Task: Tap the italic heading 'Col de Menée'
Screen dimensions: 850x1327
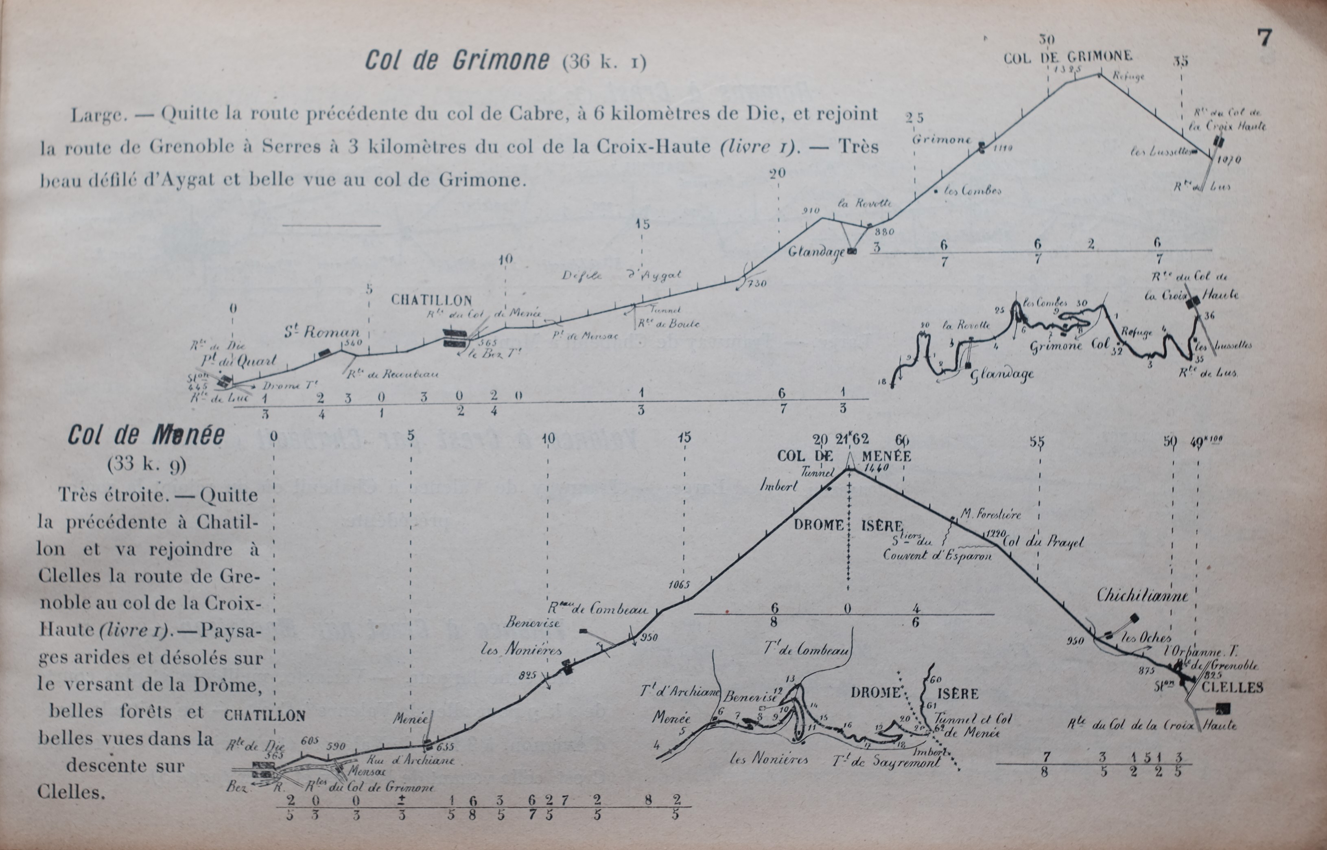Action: pyautogui.click(x=146, y=436)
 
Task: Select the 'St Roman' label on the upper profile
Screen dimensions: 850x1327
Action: pyautogui.click(x=322, y=332)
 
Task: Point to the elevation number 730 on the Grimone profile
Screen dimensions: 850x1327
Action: pyautogui.click(x=757, y=284)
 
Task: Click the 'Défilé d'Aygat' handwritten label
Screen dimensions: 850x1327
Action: pyautogui.click(x=622, y=275)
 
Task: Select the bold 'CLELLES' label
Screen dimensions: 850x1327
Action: pyautogui.click(x=1231, y=688)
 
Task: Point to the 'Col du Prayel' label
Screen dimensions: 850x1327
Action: pyautogui.click(x=1043, y=543)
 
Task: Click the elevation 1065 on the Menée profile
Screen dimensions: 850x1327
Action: pyautogui.click(x=679, y=585)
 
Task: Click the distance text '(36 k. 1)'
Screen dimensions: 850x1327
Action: pyautogui.click(x=604, y=62)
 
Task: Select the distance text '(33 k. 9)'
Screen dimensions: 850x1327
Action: pyautogui.click(x=147, y=464)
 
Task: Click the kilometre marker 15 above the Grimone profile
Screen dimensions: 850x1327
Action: pyautogui.click(x=642, y=224)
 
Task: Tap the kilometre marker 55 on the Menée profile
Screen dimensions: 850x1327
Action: pyautogui.click(x=1037, y=442)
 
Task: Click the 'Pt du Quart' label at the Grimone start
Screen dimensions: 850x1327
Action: pyautogui.click(x=238, y=361)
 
